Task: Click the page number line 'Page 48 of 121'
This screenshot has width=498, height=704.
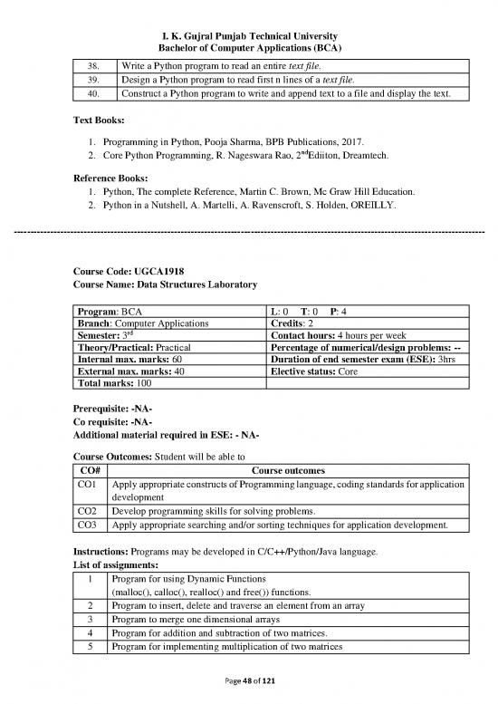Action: click(248, 681)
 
